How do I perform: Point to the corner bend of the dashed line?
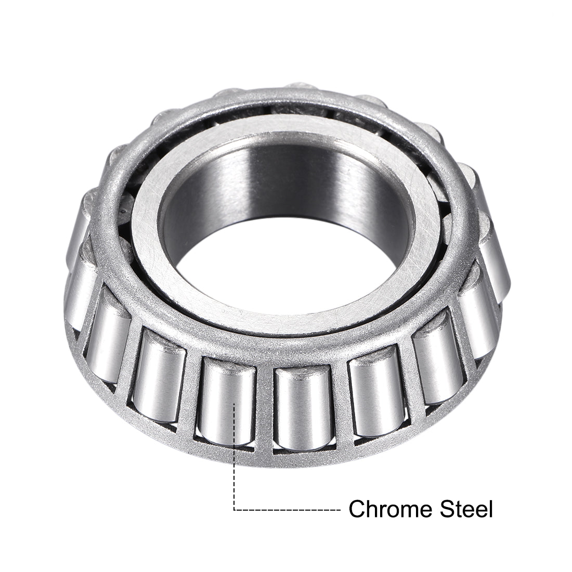point(235,510)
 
